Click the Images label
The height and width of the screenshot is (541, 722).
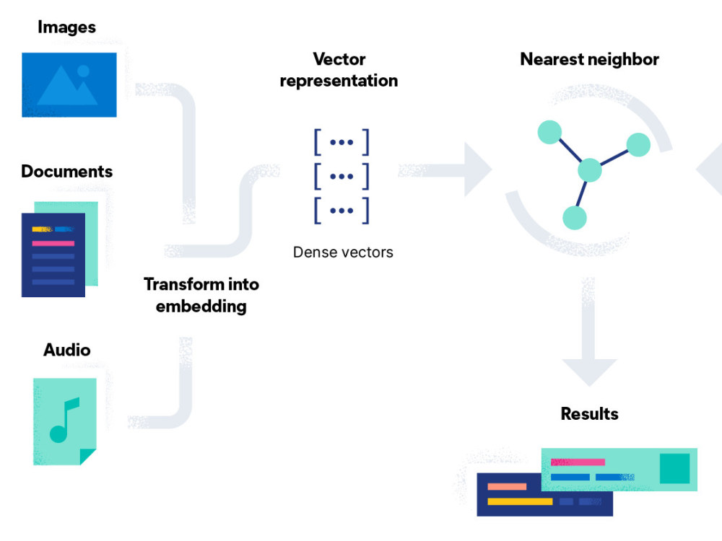point(66,27)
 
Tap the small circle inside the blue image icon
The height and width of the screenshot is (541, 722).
point(84,71)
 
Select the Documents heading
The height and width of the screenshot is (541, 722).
point(67,172)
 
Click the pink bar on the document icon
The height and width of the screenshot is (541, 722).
point(53,243)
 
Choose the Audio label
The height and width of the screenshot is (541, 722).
point(67,350)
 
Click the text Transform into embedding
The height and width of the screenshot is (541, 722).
point(201,294)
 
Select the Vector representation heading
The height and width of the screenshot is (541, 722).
point(339,69)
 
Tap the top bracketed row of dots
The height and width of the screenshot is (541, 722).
point(342,142)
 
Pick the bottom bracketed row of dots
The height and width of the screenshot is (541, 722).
point(342,210)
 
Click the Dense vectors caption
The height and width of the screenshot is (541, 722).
point(343,252)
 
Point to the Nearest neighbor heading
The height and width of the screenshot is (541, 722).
point(589,59)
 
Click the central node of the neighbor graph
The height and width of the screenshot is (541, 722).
point(590,170)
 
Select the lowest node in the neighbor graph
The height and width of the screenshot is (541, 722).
point(574,218)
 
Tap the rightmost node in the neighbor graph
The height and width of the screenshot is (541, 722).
point(638,144)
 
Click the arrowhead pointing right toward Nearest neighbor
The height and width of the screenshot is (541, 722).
point(477,170)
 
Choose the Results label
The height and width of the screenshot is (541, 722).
point(589,414)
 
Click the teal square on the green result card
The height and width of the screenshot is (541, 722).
point(674,468)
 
